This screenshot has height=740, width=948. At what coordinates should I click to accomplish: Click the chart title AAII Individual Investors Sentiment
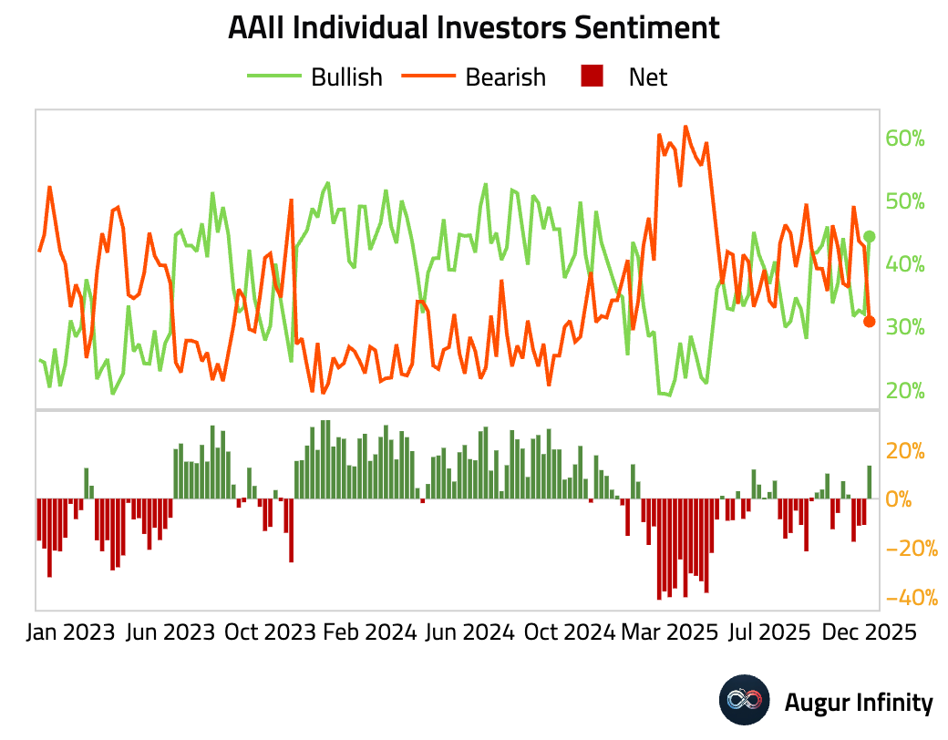(473, 27)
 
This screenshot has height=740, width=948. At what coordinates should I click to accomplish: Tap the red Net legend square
(592, 77)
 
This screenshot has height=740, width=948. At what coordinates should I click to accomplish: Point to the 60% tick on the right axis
(904, 139)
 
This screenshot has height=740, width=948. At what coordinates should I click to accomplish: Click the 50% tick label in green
(904, 201)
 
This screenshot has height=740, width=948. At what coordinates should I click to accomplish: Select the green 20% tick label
(904, 391)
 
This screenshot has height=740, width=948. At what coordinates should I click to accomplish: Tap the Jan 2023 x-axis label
(70, 632)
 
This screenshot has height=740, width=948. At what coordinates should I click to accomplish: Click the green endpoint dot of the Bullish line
(870, 237)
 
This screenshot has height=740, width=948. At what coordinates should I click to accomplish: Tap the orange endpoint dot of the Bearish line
(870, 322)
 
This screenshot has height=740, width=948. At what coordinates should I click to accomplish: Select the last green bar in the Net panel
(870, 482)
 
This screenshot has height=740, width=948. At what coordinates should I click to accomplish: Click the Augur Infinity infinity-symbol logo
(746, 702)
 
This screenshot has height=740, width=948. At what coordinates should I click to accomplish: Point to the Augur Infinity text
(859, 703)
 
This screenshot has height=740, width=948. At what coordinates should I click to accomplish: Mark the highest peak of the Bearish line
(685, 127)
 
